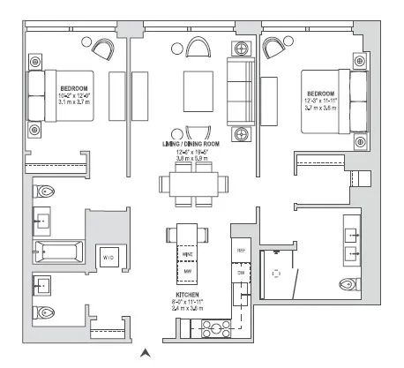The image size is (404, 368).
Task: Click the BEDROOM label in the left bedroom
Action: coord(73,88)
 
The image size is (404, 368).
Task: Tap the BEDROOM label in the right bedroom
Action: coord(320,94)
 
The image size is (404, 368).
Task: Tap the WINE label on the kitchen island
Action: coord(188,253)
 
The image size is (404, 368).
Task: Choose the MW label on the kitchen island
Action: coord(188,272)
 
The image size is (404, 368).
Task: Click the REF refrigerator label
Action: coord(240,251)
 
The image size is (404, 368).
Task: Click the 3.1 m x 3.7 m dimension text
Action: coord(73,102)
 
